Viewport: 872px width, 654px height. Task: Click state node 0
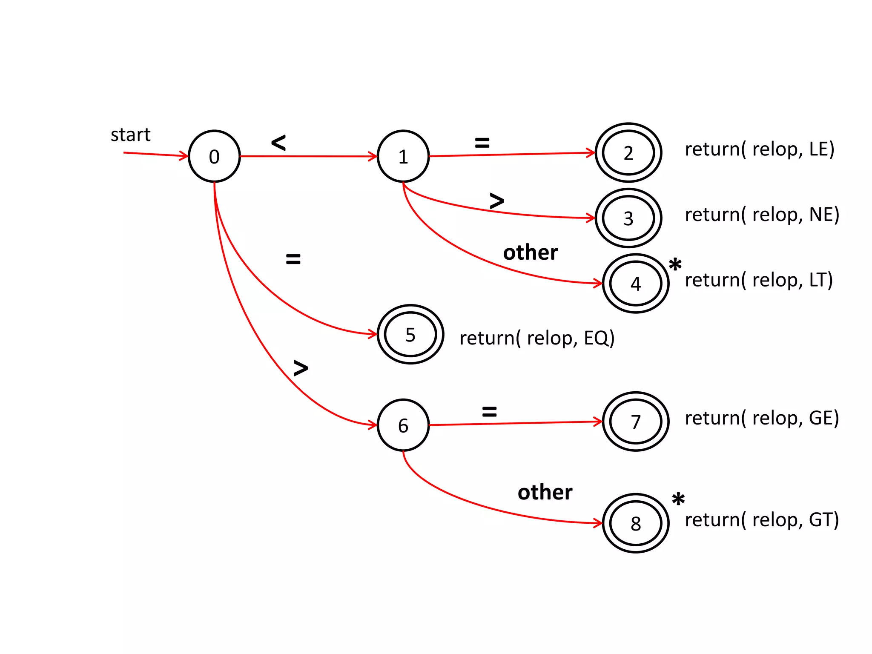[214, 156]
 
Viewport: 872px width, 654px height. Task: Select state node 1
[403, 156]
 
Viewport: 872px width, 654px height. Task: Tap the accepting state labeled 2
[628, 153]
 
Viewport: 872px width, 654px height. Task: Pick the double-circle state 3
[628, 218]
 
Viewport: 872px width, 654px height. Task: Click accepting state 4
[635, 284]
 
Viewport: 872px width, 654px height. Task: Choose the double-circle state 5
[410, 334]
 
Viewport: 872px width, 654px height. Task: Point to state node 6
[403, 425]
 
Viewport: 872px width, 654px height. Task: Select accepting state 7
[635, 422]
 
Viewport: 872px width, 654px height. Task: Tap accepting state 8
[635, 523]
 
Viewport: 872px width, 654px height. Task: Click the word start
[130, 135]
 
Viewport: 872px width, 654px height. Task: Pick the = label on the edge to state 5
[293, 258]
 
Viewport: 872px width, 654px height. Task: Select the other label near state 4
[530, 252]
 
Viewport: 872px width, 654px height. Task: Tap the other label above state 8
[545, 492]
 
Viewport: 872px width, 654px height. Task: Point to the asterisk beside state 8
[678, 499]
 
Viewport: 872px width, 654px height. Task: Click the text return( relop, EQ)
[537, 338]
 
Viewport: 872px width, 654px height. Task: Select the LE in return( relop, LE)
[817, 149]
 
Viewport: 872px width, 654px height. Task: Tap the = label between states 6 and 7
[489, 411]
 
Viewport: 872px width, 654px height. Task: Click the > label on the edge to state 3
[496, 201]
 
